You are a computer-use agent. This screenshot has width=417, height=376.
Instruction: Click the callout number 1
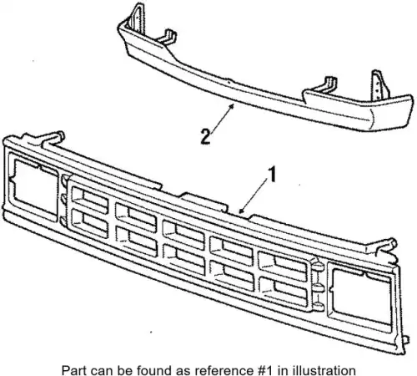point(271,175)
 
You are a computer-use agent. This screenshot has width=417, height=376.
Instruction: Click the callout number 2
point(205,136)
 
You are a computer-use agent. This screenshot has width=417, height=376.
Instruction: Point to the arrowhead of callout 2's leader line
point(231,106)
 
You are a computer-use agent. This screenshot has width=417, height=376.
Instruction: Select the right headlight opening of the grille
point(360,297)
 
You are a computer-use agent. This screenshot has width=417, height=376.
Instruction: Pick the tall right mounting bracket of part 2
point(379,86)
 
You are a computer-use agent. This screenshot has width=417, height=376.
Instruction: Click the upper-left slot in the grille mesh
point(89,200)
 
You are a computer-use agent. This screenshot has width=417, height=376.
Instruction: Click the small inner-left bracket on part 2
point(168,36)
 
